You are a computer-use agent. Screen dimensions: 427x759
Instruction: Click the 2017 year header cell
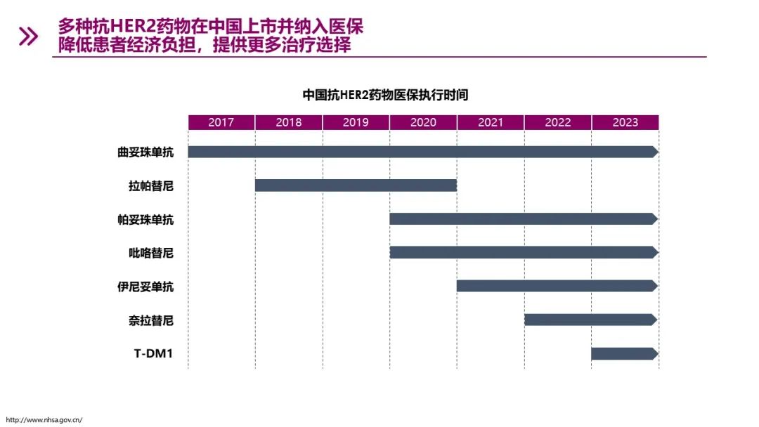pyautogui.click(x=221, y=122)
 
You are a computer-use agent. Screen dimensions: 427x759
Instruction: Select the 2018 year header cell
pyautogui.click(x=289, y=122)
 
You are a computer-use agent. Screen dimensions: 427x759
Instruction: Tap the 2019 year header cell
pyautogui.click(x=356, y=122)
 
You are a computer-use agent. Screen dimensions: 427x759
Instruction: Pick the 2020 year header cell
pyautogui.click(x=423, y=122)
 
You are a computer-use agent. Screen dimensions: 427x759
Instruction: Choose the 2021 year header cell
pyautogui.click(x=491, y=122)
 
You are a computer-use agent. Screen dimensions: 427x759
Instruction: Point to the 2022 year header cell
pyautogui.click(x=558, y=122)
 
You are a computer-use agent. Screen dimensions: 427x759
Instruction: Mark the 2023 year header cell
pyautogui.click(x=625, y=122)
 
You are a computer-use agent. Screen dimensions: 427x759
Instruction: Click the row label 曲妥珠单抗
pyautogui.click(x=145, y=152)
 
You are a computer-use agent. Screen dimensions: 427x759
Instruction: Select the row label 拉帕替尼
pyautogui.click(x=151, y=185)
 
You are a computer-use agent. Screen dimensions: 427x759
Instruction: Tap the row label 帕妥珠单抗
pyautogui.click(x=145, y=219)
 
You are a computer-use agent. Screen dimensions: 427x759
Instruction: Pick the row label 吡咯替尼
pyautogui.click(x=151, y=253)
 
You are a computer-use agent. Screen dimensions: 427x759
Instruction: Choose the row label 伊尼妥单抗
pyautogui.click(x=145, y=287)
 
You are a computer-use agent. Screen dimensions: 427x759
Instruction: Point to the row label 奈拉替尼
pyautogui.click(x=151, y=320)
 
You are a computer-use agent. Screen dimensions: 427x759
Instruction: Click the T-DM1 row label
pyautogui.click(x=153, y=354)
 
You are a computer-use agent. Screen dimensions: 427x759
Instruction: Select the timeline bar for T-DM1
pyautogui.click(x=624, y=354)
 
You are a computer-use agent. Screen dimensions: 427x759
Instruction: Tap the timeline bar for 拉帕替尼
pyautogui.click(x=356, y=185)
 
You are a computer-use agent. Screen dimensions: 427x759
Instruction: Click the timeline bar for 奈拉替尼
pyautogui.click(x=590, y=320)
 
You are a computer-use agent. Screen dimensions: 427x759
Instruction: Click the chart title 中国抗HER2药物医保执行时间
pyautogui.click(x=385, y=95)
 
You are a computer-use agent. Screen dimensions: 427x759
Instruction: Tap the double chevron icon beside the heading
pyautogui.click(x=29, y=37)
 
